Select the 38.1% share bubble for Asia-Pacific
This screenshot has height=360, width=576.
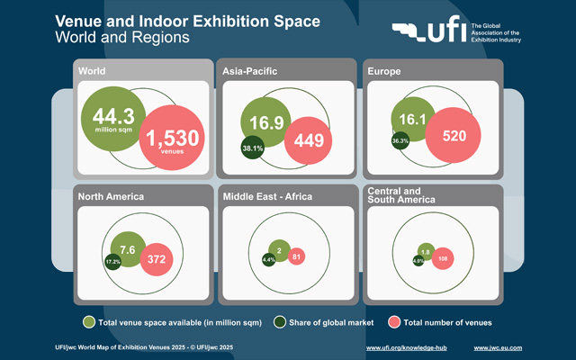click(x=253, y=148)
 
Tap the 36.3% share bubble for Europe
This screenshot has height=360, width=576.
click(x=400, y=141)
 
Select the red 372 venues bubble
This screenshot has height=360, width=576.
click(x=158, y=260)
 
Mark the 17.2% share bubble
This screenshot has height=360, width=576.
click(x=113, y=262)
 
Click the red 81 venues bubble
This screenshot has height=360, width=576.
click(x=296, y=257)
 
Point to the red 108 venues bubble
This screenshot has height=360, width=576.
click(x=441, y=258)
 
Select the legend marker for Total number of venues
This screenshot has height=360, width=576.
click(x=393, y=321)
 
